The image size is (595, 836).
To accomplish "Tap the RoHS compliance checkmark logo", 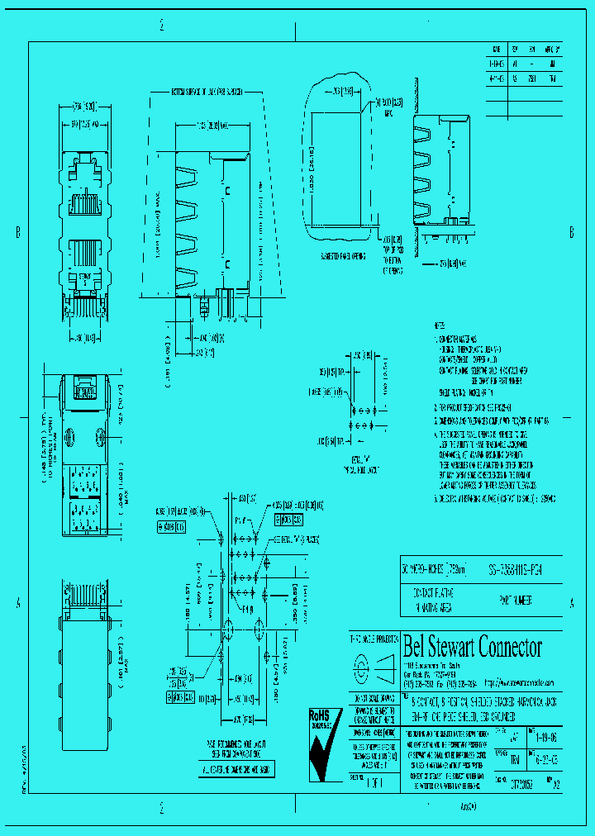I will coord(324,743).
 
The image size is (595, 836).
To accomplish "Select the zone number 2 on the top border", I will coord(162,26).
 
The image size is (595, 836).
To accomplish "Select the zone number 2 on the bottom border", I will coord(162,807).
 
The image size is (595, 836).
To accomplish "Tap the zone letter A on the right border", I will coord(571,604).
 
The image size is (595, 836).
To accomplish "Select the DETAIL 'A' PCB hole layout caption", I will coord(360,462).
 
